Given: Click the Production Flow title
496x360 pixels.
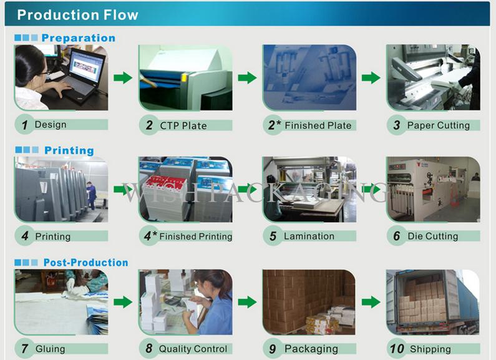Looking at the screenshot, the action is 77,15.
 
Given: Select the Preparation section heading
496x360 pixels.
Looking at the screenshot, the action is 78,38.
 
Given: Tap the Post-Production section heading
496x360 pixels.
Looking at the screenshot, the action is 85,263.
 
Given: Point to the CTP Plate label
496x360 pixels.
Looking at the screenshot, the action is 183,125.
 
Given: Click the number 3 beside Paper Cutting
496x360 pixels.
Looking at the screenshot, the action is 397,125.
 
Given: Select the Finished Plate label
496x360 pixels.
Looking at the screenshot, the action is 318,125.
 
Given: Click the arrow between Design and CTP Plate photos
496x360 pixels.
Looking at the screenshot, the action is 123,77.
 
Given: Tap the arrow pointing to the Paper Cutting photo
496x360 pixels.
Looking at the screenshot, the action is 371,77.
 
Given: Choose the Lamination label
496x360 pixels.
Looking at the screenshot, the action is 309,236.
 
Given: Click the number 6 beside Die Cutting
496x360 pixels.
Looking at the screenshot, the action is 396,236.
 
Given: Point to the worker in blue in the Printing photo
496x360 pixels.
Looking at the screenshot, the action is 91,195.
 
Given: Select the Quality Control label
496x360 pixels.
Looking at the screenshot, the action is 193,349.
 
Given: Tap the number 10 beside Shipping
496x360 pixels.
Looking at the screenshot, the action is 397,349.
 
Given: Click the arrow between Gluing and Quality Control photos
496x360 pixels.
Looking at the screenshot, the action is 123,302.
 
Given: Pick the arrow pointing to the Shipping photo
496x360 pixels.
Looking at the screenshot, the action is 371,302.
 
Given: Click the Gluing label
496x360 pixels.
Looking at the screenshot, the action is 50,349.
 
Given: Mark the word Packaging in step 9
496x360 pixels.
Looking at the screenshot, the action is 311,349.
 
